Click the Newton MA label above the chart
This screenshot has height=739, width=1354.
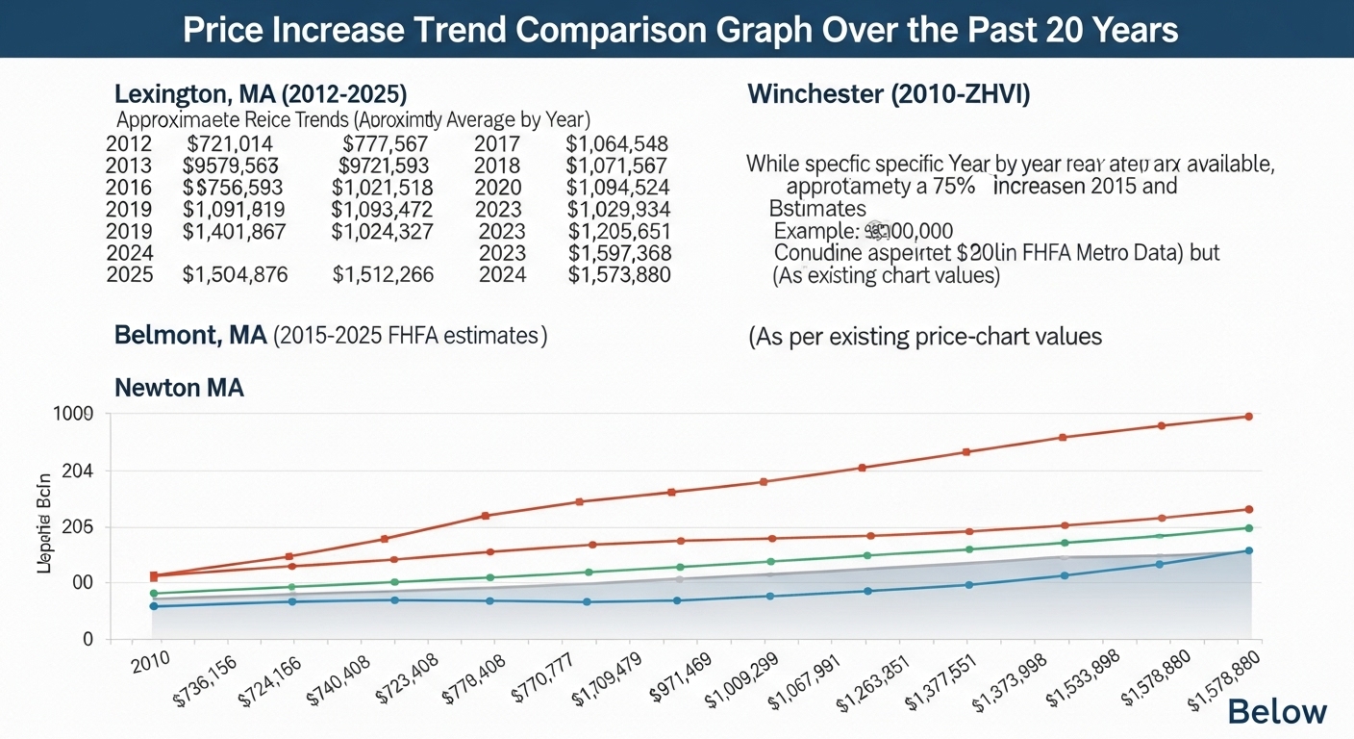[179, 388]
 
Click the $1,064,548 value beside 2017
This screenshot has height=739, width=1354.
[616, 144]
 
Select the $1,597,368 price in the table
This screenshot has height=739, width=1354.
[619, 252]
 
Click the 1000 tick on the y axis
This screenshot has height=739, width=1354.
[73, 414]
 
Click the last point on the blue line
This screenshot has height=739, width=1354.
[1249, 550]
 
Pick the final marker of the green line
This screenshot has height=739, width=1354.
[1249, 528]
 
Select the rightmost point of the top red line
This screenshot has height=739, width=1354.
[1249, 417]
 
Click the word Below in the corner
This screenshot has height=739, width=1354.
[1277, 712]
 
